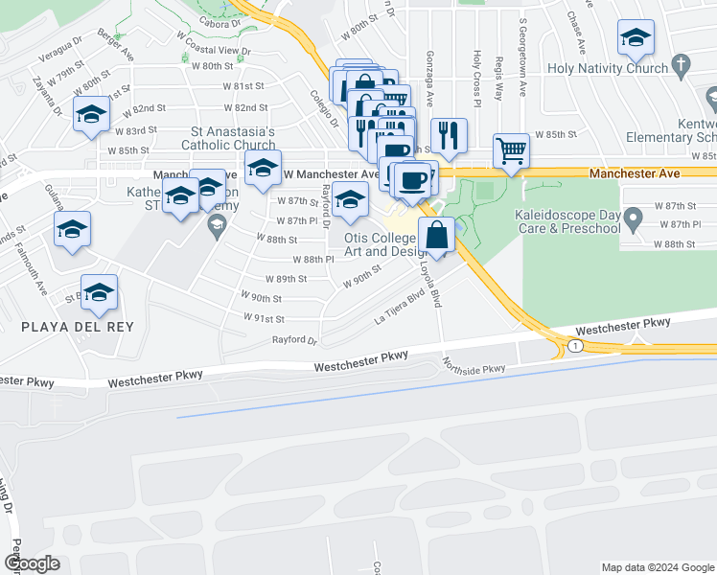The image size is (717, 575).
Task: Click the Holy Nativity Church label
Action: pyautogui.click(x=608, y=68)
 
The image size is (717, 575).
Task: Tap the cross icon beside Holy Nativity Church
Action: pyautogui.click(x=681, y=66)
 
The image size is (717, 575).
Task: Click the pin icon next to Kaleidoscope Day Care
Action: pyautogui.click(x=633, y=222)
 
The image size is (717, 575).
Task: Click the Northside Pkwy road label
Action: pyautogui.click(x=474, y=367)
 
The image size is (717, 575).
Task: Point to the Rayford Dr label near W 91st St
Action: pyautogui.click(x=294, y=339)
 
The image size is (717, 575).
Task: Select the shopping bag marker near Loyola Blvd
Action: pyautogui.click(x=436, y=234)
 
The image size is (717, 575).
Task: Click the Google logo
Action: pyautogui.click(x=32, y=563)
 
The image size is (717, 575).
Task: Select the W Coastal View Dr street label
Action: pyautogui.click(x=220, y=51)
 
